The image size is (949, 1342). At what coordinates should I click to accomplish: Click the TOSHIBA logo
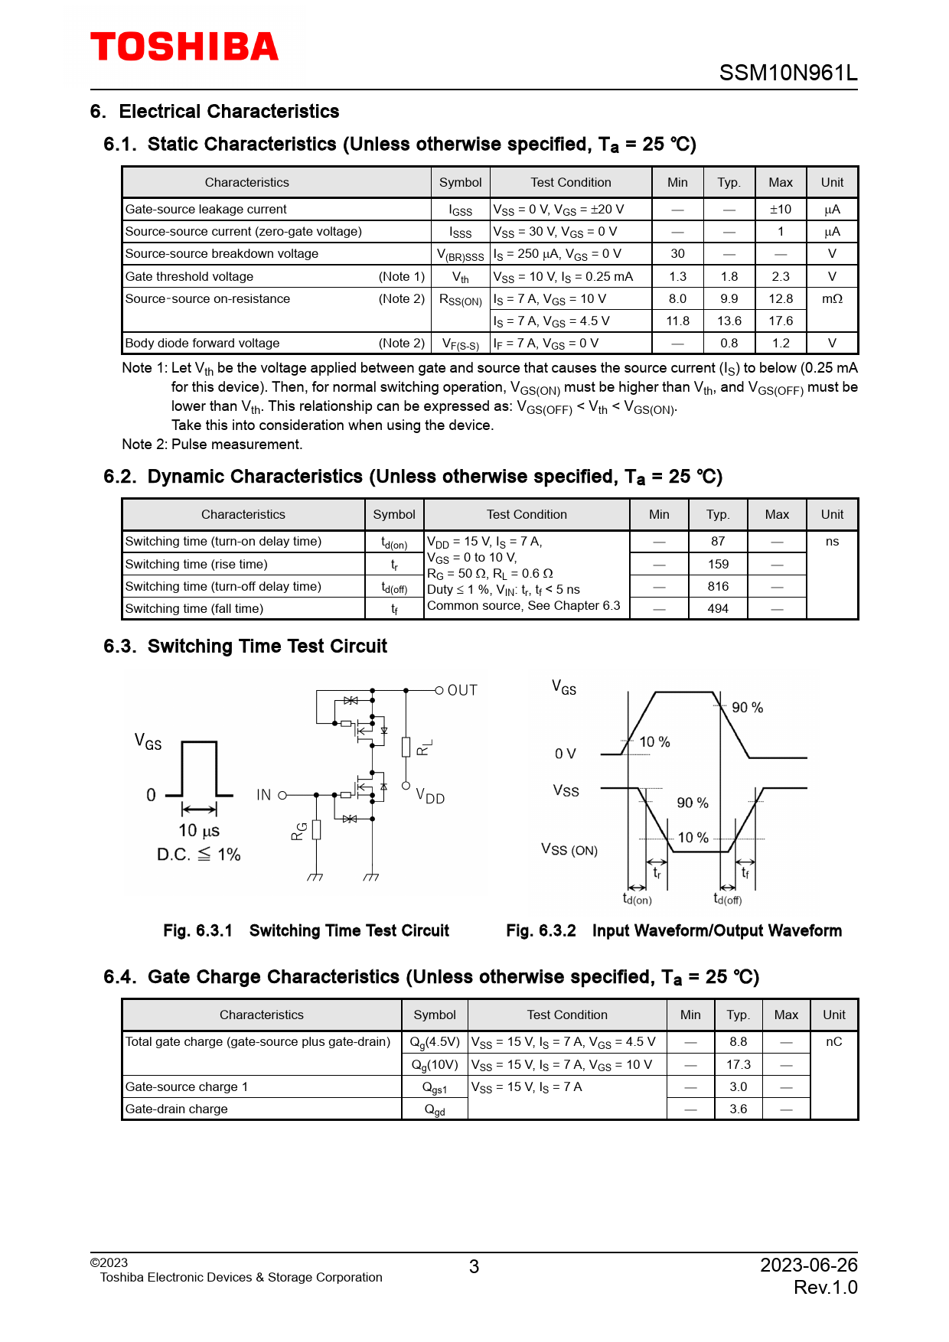[184, 47]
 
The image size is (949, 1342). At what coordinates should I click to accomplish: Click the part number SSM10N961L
[788, 73]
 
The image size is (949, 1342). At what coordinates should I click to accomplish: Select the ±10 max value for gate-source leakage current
[780, 210]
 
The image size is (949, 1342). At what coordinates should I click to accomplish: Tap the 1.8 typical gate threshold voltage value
[729, 277]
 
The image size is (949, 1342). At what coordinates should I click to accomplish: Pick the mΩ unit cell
[832, 299]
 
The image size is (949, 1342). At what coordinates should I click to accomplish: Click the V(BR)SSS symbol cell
[460, 255]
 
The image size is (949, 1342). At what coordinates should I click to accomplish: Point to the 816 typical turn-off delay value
[717, 587]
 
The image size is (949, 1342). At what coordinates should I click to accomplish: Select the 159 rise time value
[717, 565]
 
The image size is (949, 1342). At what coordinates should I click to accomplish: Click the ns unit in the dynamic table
[832, 542]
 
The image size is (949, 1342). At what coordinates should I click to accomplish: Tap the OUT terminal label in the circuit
[462, 690]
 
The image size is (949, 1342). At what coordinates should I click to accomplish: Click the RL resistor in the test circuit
[406, 747]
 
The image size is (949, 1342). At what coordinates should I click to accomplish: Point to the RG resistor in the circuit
[316, 830]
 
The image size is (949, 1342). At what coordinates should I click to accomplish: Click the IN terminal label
[264, 795]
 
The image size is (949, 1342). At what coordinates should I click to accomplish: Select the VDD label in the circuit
[430, 796]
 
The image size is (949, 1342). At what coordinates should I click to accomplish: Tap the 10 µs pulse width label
[199, 831]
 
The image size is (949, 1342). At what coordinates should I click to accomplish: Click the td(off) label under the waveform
[728, 899]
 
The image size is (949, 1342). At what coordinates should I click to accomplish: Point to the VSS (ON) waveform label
[569, 850]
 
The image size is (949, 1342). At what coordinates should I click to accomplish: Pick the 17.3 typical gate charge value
[738, 1065]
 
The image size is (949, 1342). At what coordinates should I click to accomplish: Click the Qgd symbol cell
[434, 1109]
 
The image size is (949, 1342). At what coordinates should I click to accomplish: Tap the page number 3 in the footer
[474, 1267]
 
